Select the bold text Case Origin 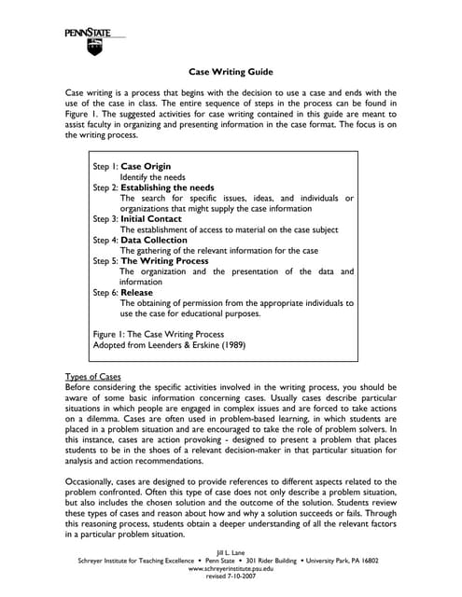(146, 166)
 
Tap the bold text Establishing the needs (167, 187)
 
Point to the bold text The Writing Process (164, 261)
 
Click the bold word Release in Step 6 (137, 292)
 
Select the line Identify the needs (152, 177)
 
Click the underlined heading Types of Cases (92, 377)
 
